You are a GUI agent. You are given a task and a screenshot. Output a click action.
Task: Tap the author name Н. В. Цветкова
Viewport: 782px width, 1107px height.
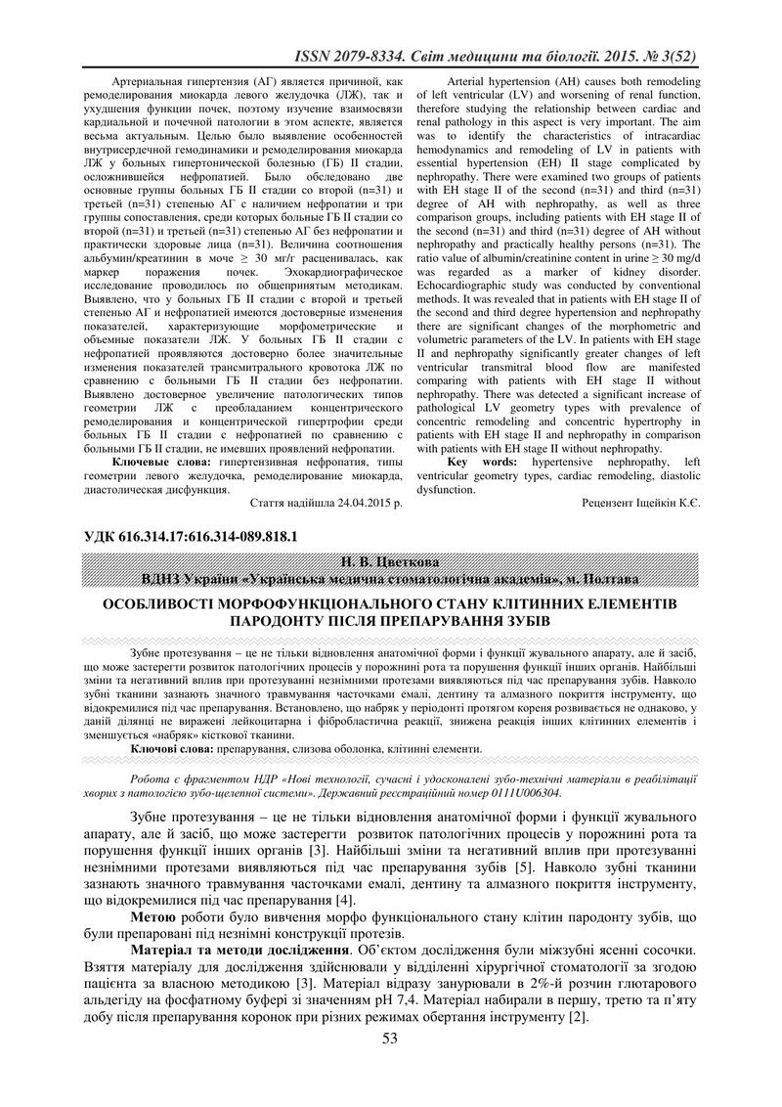pos(391,561)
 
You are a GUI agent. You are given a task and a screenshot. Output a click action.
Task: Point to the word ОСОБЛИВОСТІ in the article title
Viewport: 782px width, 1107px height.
pos(167,604)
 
